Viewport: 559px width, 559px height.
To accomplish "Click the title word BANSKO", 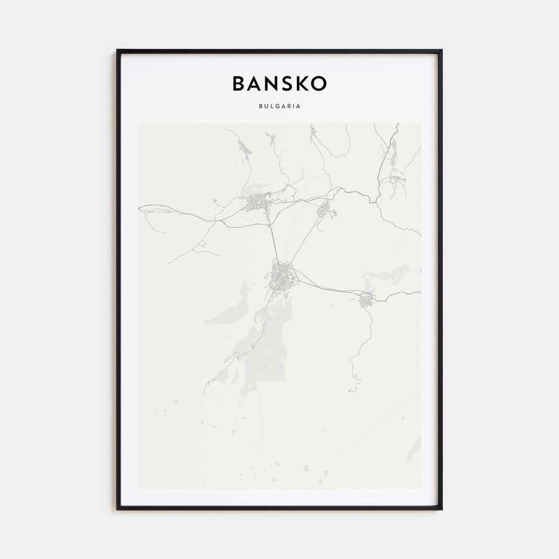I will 279,84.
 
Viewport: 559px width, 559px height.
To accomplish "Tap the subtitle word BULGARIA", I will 279,106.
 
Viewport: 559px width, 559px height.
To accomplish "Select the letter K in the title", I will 302,84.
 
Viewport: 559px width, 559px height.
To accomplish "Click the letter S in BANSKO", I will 286,84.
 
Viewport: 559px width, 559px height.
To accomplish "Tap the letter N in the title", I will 270,84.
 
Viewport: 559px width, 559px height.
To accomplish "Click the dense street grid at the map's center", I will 283,276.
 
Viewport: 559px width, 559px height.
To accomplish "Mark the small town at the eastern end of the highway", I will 366,300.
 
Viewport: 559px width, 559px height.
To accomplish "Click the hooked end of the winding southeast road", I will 352,389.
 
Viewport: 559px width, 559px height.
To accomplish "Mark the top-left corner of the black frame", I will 117,50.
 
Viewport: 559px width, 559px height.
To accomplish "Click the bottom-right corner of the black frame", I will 441,509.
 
